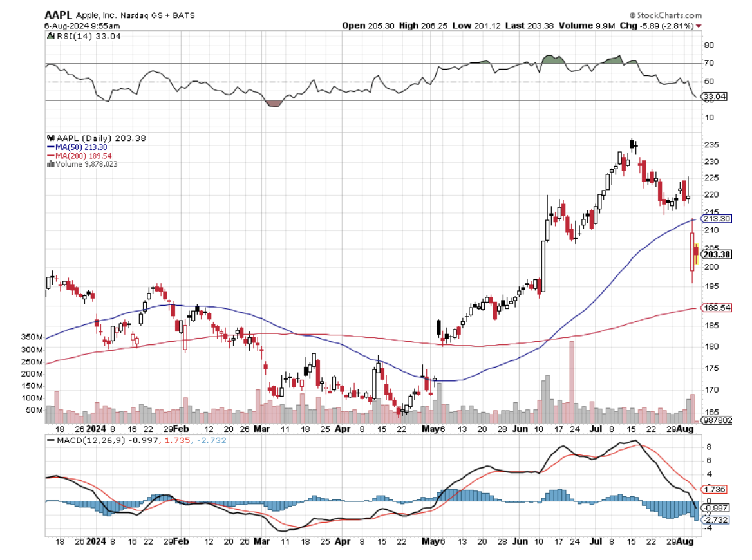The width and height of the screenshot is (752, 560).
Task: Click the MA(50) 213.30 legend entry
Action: click(x=81, y=147)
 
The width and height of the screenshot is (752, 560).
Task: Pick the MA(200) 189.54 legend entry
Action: click(x=83, y=156)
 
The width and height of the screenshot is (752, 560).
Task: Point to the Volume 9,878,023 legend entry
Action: click(x=84, y=164)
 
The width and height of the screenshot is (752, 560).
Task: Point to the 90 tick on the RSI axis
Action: click(x=709, y=45)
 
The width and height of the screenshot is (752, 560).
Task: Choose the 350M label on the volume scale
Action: click(x=32, y=337)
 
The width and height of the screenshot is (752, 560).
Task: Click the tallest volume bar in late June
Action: click(x=571, y=380)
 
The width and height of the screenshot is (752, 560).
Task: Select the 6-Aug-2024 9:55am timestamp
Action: click(x=73, y=25)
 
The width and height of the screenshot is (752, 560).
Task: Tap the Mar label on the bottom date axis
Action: click(x=262, y=429)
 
